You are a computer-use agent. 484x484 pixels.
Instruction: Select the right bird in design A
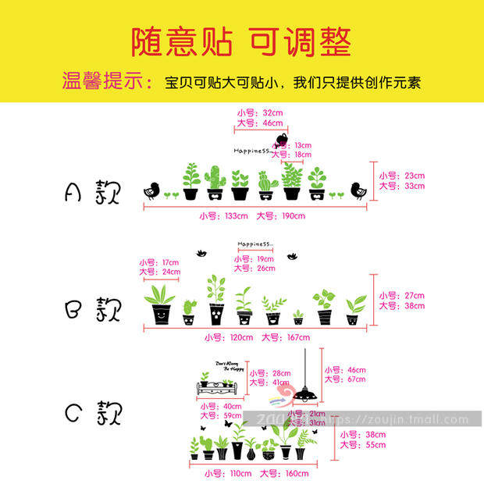(358, 189)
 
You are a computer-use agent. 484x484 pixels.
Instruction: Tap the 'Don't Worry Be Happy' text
(226, 365)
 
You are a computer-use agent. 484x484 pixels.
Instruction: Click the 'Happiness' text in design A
(251, 150)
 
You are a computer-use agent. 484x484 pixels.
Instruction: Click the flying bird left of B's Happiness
(202, 253)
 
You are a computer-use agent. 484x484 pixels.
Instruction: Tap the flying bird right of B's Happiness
(294, 255)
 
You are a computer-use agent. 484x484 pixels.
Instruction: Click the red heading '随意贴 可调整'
(241, 41)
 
